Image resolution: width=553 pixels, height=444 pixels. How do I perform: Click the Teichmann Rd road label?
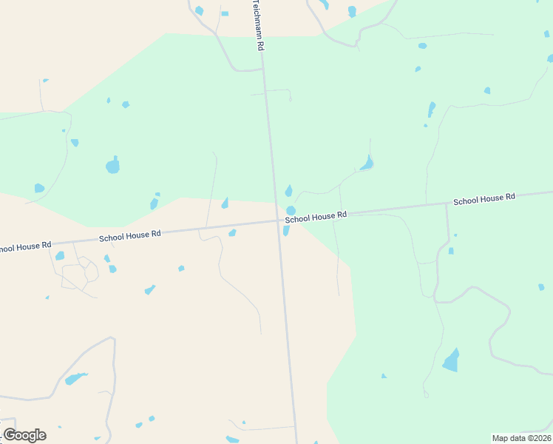point(258,24)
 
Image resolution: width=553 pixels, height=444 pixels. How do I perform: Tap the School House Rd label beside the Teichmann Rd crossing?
point(316,217)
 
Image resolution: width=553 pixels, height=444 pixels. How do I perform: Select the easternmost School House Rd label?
point(484,200)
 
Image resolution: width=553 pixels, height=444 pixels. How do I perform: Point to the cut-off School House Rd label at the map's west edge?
point(25,246)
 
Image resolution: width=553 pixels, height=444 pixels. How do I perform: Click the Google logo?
point(24,435)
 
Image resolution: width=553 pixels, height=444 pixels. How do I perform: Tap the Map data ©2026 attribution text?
point(521,437)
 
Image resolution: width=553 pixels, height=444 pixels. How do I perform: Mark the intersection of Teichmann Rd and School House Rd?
point(277,220)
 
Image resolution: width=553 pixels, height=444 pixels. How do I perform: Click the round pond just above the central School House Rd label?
point(291,211)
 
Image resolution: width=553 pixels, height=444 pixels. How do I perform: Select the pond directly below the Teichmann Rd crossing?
point(285,231)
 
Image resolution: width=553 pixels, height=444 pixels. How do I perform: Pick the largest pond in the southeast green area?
point(451,360)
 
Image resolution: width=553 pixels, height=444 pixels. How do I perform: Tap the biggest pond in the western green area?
point(112,166)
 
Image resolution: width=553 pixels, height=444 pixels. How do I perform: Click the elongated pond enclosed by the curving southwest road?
point(75,379)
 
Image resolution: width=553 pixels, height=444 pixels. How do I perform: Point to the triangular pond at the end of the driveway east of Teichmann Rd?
point(367,163)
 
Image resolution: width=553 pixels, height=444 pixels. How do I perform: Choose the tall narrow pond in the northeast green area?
point(431,110)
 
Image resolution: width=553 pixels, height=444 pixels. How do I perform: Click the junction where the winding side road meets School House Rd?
point(446,203)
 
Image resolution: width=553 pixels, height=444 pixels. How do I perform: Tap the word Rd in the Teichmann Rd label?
point(259,44)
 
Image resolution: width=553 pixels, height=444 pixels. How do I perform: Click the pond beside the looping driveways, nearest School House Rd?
point(60,256)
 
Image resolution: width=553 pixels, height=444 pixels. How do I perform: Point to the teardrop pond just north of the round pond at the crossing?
point(288,191)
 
